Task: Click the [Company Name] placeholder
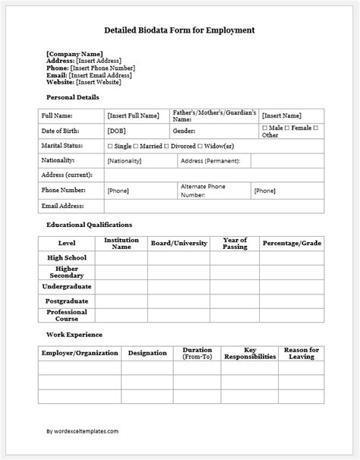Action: (x=74, y=54)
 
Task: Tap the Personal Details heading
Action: (x=73, y=97)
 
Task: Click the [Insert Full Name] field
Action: (x=134, y=115)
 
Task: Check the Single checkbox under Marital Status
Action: (x=110, y=146)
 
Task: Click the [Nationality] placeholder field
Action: (x=125, y=161)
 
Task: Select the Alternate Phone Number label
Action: (x=203, y=190)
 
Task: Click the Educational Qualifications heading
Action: (x=90, y=225)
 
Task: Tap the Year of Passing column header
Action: (x=235, y=243)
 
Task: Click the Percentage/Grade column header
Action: (x=292, y=243)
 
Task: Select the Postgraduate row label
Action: (x=67, y=300)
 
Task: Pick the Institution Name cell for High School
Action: (x=122, y=257)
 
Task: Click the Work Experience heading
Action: (x=74, y=334)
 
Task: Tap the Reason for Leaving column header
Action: (x=301, y=353)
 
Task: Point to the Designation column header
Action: (x=147, y=353)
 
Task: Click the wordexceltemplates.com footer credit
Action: (x=82, y=431)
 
